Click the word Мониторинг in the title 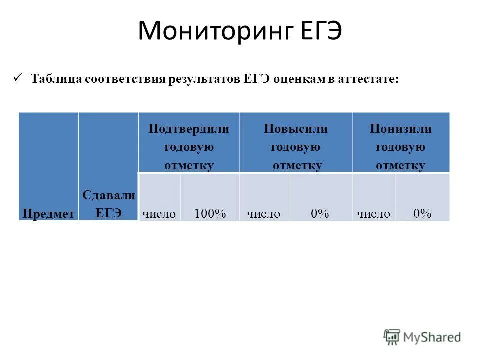pos(210,32)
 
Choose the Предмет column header pos(48,214)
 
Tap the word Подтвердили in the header pos(189,129)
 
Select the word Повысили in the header pos(296,129)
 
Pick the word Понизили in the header pos(400,129)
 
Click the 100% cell pos(210,214)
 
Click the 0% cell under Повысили pos(320,214)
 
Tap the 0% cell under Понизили pos(422,214)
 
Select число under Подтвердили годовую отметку pos(159,214)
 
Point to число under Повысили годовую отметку pos(264,214)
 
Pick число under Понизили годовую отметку pos(373,214)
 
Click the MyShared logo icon pos(392,337)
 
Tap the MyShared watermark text pos(433,338)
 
